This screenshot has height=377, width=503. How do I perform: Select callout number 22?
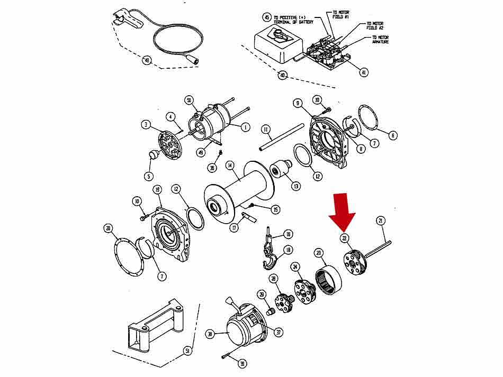click(345, 238)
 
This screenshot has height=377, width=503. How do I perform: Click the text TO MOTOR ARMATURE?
click(381, 40)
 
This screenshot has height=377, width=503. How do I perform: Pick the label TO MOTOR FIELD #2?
click(374, 26)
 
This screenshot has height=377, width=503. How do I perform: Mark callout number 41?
click(364, 72)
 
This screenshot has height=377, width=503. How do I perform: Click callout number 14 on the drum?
click(230, 165)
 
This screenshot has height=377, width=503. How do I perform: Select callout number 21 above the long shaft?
click(380, 220)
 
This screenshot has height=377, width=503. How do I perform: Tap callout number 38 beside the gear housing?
click(210, 334)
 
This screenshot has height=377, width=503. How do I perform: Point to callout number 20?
click(108, 228)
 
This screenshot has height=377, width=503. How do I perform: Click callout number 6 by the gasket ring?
click(392, 135)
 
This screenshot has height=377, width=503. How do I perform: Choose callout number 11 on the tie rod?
click(266, 129)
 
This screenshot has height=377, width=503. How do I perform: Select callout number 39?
click(242, 364)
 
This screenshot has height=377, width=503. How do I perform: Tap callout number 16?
click(288, 234)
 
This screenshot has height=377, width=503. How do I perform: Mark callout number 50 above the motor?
click(189, 100)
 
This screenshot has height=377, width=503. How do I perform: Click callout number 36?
click(212, 168)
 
